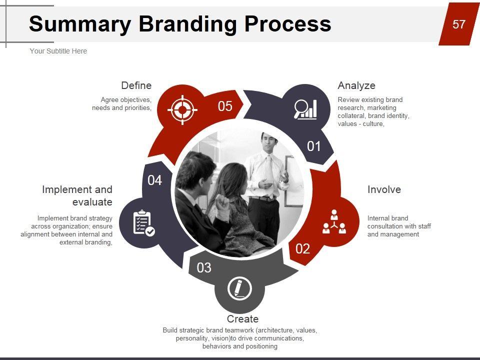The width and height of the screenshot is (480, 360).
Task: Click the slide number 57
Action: pos(458,24)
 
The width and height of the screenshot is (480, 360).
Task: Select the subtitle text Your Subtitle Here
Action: pos(58,51)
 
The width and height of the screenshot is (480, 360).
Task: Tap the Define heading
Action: pos(136,85)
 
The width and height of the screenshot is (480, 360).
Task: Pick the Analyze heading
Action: pos(356,85)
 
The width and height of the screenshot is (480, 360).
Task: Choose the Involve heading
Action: pos(384,189)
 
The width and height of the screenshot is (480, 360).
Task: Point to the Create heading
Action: pos(242,319)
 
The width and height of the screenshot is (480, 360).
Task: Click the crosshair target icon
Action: pos(182,109)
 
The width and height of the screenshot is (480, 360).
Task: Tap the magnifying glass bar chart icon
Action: pos(305,109)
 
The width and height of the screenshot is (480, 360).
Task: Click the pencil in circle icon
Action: pos(239,288)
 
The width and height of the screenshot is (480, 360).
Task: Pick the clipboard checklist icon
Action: pos(144,223)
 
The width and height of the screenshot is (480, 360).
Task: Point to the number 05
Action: pos(225,106)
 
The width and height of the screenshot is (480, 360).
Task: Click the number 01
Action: pos(314,146)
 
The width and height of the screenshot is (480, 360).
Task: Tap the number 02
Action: pos(303,248)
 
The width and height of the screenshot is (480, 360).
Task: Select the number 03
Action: pos(204,268)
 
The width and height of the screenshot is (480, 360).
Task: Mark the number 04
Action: pos(154,180)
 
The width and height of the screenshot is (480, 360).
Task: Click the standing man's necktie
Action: pos(270,173)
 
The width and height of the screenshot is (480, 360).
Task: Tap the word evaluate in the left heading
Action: pos(92,202)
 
